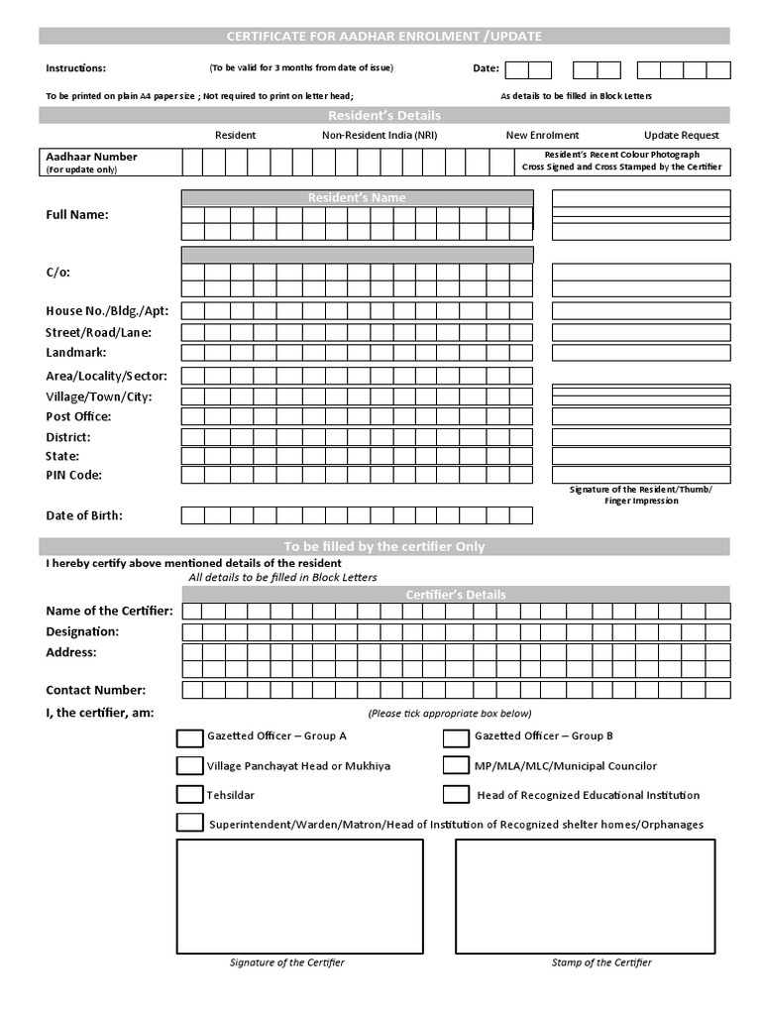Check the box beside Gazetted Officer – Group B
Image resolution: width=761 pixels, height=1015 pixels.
pyautogui.click(x=456, y=737)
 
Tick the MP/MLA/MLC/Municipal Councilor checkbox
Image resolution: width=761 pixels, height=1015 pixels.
pyautogui.click(x=456, y=765)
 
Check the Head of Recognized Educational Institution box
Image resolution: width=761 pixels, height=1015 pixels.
pyautogui.click(x=456, y=794)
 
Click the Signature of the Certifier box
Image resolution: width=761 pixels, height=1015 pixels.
pyautogui.click(x=299, y=895)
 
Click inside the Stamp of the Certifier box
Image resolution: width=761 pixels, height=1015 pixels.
pyautogui.click(x=585, y=895)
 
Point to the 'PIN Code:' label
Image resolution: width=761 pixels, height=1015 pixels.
pyautogui.click(x=74, y=475)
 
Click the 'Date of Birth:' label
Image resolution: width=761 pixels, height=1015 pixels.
pyautogui.click(x=84, y=515)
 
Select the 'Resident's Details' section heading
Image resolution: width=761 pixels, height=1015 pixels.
pyautogui.click(x=384, y=116)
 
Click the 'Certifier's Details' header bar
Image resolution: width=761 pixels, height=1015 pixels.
pyautogui.click(x=456, y=595)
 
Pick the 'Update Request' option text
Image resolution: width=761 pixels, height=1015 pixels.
pyautogui.click(x=682, y=135)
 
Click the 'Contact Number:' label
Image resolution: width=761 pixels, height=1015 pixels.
pyautogui.click(x=95, y=690)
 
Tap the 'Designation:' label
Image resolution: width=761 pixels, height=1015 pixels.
pyautogui.click(x=82, y=631)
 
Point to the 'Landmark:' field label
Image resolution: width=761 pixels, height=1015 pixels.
pyautogui.click(x=76, y=352)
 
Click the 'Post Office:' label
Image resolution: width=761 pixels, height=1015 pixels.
pyautogui.click(x=78, y=416)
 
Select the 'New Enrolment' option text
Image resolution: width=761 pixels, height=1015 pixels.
pyautogui.click(x=542, y=135)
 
